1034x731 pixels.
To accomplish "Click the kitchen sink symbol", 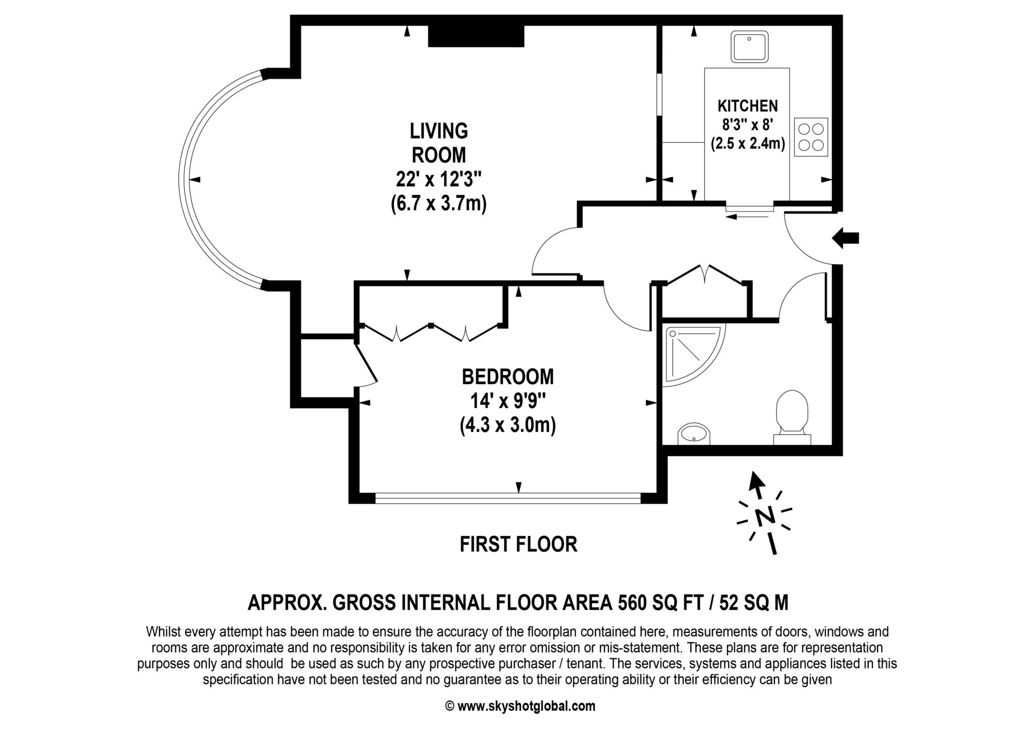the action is tap(750, 47).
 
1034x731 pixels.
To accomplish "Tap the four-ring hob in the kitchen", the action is tap(811, 136).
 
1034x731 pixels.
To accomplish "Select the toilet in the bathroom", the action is tap(792, 417).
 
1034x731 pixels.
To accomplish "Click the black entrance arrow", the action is tap(845, 238).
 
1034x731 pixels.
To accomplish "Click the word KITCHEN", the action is tap(748, 106).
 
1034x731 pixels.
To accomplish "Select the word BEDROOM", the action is tap(507, 377).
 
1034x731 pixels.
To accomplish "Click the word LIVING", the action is tap(439, 131).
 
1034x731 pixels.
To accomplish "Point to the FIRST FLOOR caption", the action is tap(519, 544).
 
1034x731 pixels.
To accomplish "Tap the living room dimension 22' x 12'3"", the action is tap(439, 179).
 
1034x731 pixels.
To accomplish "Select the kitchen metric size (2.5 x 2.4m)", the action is tap(748, 144).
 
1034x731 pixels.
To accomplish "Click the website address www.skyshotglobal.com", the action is tap(526, 706).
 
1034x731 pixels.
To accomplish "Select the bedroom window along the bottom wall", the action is tap(508, 498).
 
